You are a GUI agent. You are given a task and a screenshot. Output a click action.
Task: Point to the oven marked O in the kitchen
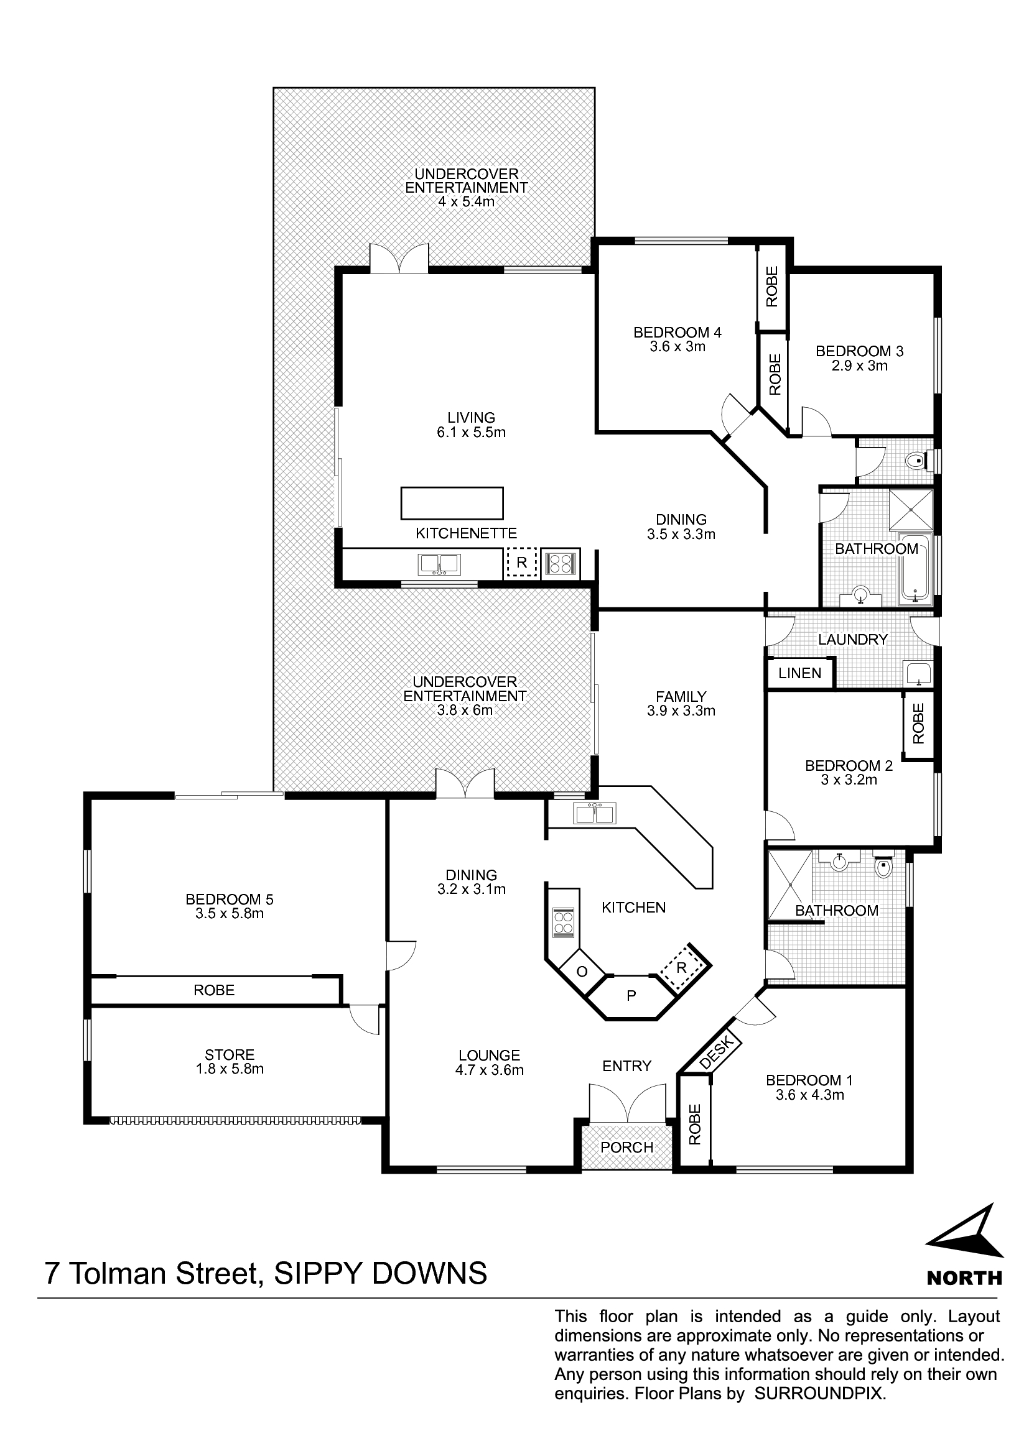point(582,972)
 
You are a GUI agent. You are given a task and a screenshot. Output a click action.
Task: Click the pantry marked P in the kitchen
point(631,996)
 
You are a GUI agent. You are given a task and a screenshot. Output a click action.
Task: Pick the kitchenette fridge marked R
point(521,563)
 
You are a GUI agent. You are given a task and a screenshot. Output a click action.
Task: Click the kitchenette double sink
point(439,564)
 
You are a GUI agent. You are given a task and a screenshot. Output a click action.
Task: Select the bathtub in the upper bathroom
point(916,568)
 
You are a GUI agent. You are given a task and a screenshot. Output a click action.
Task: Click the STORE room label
point(230,1054)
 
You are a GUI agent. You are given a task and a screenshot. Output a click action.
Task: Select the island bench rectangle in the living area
point(452,504)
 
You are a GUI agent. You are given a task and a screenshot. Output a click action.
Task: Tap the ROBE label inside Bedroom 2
point(918,724)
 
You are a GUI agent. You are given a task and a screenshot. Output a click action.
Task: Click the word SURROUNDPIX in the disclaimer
point(819,1394)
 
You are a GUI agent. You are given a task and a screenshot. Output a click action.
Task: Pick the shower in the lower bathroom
point(790,885)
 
